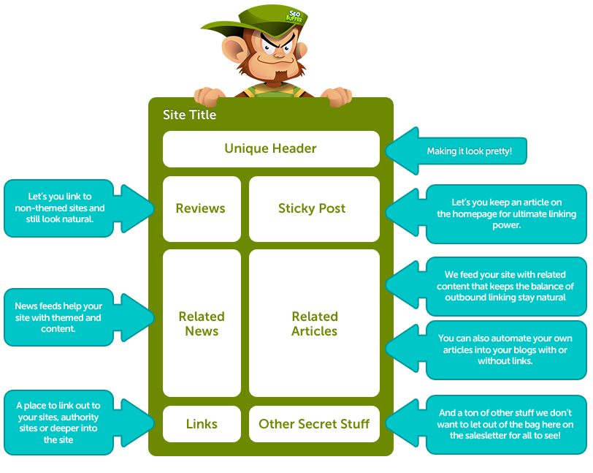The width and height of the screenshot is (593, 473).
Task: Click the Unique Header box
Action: point(271,149)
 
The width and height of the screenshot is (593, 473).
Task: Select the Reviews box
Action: point(201,209)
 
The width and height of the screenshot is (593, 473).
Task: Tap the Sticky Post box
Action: point(314,209)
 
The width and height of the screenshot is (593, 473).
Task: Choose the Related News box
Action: point(202,323)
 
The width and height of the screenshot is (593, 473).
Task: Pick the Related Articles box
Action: point(314,323)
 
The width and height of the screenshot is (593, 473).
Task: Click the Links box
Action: point(202,424)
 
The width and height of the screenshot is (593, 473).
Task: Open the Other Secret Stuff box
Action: point(314,424)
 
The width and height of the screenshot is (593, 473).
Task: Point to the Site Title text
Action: point(190,115)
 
